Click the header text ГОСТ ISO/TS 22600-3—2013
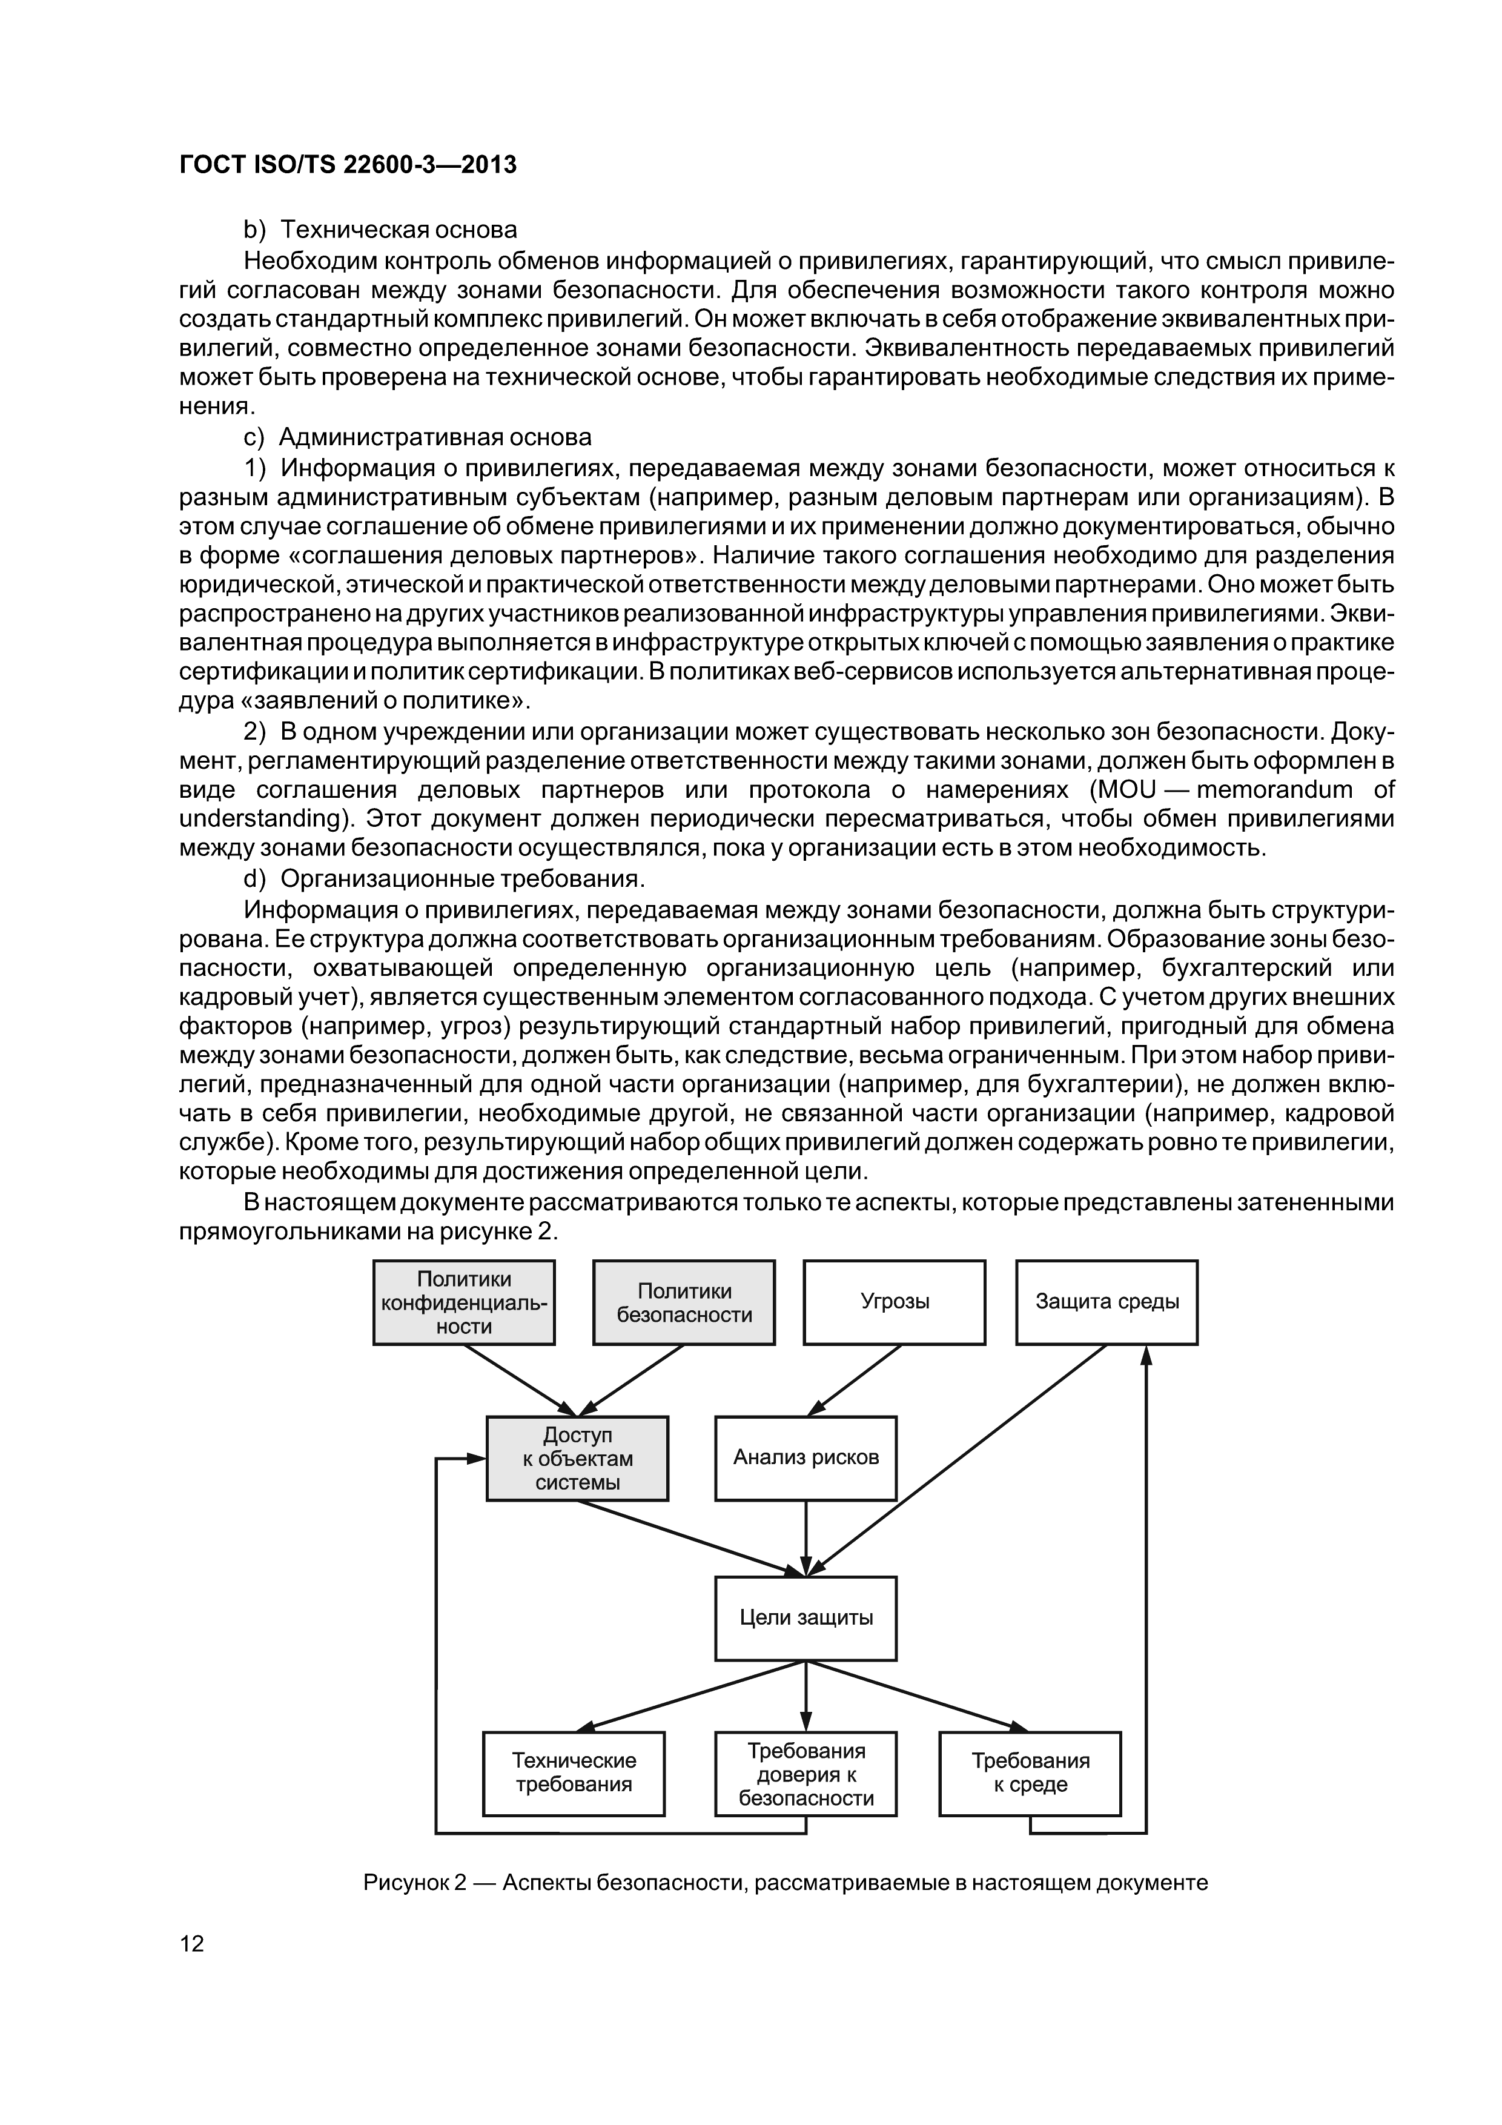(347, 165)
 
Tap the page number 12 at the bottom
(191, 1943)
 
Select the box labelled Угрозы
(894, 1301)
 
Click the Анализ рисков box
(805, 1457)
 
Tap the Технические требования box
(574, 1772)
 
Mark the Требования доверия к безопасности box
(805, 1773)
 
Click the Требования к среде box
(1030, 1772)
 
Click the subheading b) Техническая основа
(379, 230)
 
